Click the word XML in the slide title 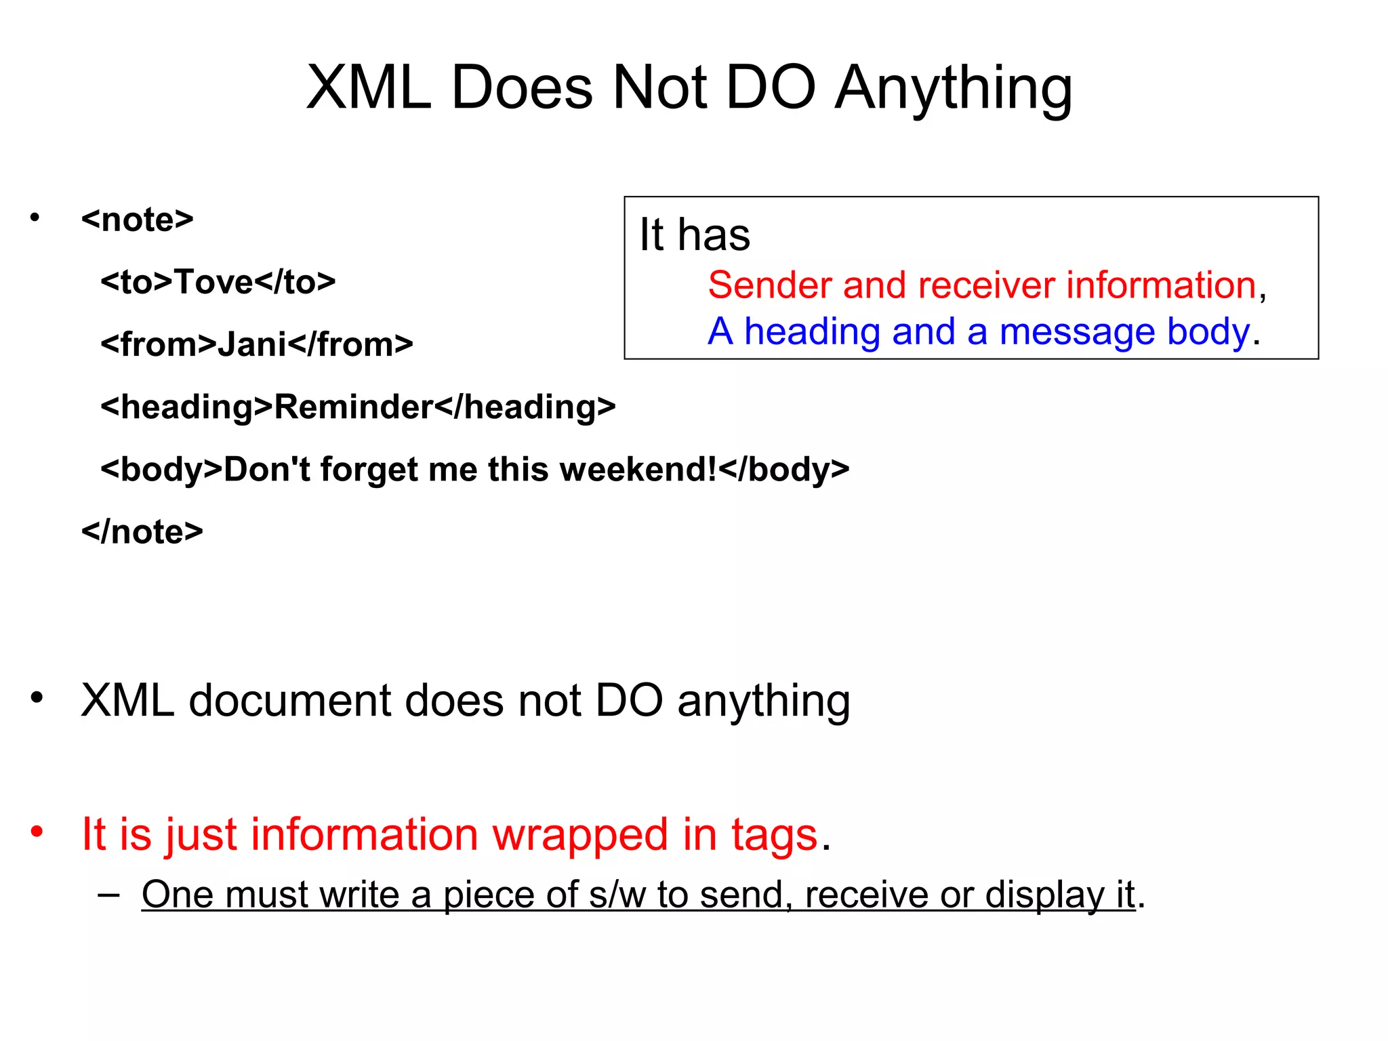[369, 88]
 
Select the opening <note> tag [138, 220]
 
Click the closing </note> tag [142, 532]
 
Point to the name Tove [214, 282]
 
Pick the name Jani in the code [252, 344]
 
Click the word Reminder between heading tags [353, 407]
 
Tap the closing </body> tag [784, 470]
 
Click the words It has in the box [695, 235]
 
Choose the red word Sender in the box [769, 285]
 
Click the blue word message [1077, 332]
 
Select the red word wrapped [580, 834]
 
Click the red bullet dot [37, 831]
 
